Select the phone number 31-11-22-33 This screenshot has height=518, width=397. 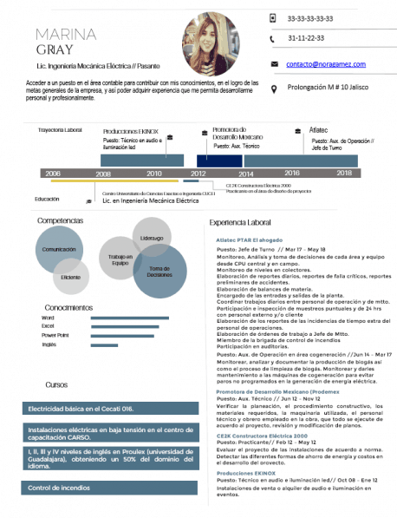(x=306, y=39)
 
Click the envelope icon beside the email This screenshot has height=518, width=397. (x=274, y=64)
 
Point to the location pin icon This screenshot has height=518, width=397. (x=274, y=89)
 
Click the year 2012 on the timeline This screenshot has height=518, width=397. (x=198, y=174)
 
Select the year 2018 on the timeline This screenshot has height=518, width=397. (x=344, y=174)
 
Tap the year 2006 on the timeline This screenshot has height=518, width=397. (x=54, y=174)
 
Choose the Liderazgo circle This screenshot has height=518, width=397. (x=151, y=238)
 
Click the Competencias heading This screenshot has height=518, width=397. (x=61, y=220)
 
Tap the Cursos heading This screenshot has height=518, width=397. (x=56, y=384)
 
